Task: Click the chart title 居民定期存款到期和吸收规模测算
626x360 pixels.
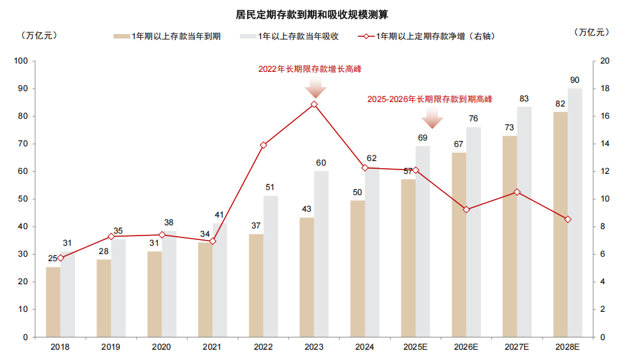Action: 312,13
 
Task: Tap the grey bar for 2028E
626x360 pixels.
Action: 575,212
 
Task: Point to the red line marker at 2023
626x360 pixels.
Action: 314,104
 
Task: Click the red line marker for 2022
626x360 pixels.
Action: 264,145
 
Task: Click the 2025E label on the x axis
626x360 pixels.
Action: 416,347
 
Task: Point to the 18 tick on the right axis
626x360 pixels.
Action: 604,89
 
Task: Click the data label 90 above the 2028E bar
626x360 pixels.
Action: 575,80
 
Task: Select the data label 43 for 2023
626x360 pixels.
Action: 307,209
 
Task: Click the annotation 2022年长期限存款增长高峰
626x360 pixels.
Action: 314,69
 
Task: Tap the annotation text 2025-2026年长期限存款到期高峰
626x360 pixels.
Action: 429,99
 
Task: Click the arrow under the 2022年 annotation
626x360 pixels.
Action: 315,86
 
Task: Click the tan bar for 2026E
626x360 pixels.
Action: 459,244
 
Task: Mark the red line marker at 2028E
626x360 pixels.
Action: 568,219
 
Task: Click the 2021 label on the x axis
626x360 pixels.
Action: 212,347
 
